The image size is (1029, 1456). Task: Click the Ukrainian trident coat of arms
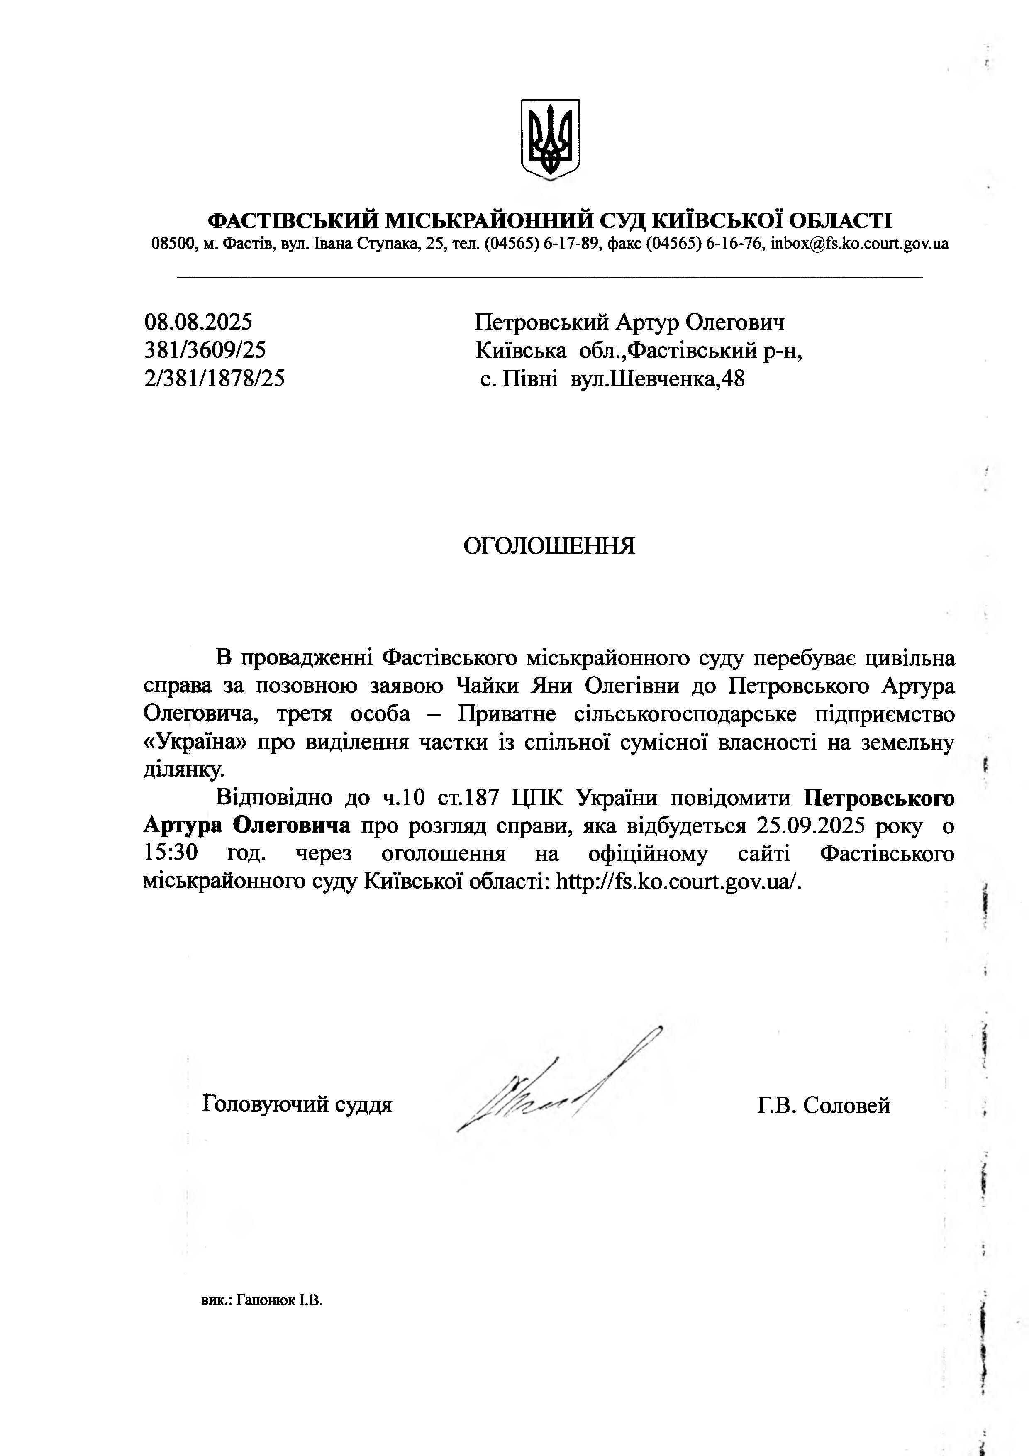pyautogui.click(x=550, y=138)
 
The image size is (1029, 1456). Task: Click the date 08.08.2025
pyautogui.click(x=198, y=322)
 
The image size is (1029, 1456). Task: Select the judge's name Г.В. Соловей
pyautogui.click(x=823, y=1105)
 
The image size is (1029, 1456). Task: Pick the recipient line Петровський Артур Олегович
pyautogui.click(x=629, y=322)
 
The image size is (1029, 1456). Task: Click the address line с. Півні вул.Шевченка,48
pyautogui.click(x=612, y=379)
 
